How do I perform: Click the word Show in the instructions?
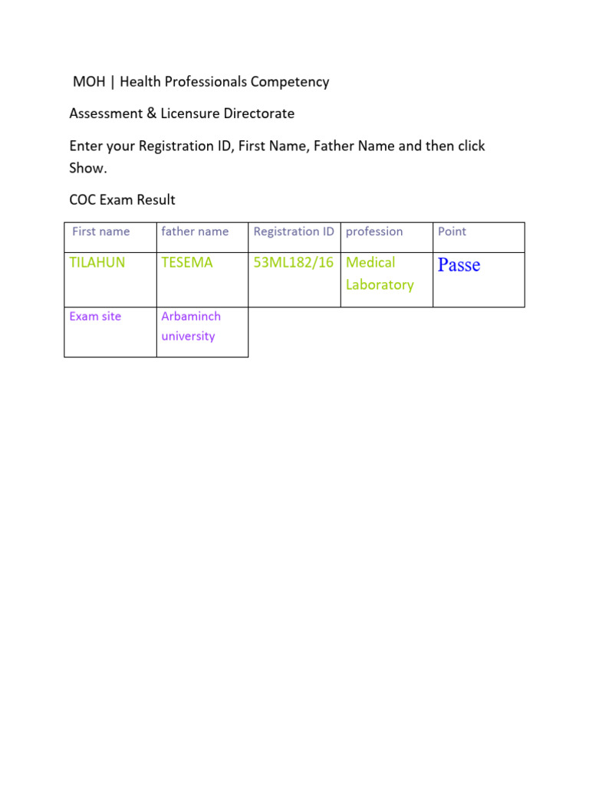coord(87,169)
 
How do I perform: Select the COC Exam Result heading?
coord(122,200)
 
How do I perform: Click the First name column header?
coord(100,232)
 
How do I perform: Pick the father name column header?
coord(195,232)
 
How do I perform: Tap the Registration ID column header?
coord(294,232)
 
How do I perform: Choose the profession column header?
coord(374,232)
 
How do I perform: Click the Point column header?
coord(452,232)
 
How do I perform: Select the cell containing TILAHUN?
coord(97,262)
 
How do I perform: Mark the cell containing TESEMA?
coord(187,262)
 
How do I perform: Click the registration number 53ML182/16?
coord(294,262)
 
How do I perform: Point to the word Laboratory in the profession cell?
coord(380,284)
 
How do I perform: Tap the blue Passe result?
coord(459,265)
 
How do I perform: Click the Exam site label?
coord(95,316)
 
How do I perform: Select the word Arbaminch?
coord(191,316)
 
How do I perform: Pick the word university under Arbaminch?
coord(188,336)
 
